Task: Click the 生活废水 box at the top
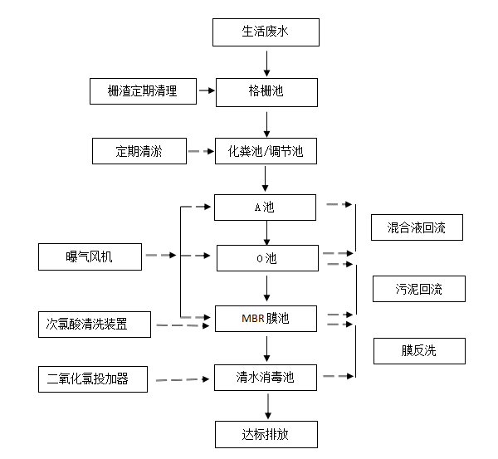tap(266, 32)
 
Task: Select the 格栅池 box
tap(266, 91)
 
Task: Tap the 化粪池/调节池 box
tap(266, 151)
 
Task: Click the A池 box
tap(265, 208)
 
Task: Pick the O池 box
tap(266, 258)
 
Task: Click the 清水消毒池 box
tap(266, 378)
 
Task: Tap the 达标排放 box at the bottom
tap(266, 434)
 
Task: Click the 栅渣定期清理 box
tap(142, 90)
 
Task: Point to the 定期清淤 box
tap(139, 151)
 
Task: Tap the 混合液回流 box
tap(416, 227)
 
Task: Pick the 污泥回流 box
tap(418, 289)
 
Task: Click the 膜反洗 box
tap(417, 350)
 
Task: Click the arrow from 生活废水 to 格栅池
tap(266, 62)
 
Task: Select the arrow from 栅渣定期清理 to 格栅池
tap(207, 90)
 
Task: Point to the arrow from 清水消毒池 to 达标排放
tap(266, 406)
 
